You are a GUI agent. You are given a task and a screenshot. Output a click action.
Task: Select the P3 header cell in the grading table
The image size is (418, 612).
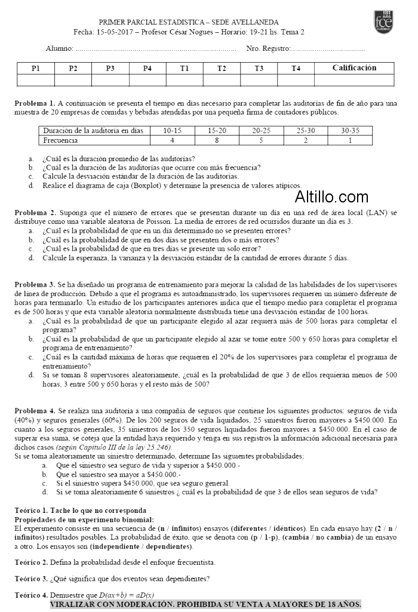click(110, 68)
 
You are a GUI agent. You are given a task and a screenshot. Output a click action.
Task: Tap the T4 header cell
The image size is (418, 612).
click(296, 68)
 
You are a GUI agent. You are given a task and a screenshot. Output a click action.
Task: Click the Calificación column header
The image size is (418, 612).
click(354, 67)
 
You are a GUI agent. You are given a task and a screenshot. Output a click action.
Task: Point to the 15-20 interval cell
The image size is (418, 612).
click(217, 130)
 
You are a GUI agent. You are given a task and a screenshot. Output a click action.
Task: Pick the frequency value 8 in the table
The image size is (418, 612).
click(217, 140)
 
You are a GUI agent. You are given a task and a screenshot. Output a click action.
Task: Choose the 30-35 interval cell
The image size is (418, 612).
click(350, 130)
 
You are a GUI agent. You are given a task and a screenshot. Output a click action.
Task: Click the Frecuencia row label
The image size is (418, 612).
click(60, 140)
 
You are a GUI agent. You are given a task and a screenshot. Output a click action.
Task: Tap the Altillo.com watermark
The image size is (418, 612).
click(332, 196)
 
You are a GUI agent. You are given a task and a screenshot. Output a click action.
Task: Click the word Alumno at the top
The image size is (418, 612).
click(59, 48)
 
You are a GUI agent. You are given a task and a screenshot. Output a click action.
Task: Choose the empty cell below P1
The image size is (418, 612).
click(36, 80)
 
